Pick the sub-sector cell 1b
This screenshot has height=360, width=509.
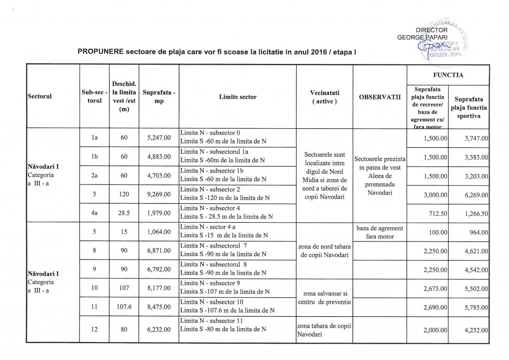94,157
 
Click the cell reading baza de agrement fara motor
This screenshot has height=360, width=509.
379,232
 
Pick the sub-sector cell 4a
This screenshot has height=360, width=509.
94,212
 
